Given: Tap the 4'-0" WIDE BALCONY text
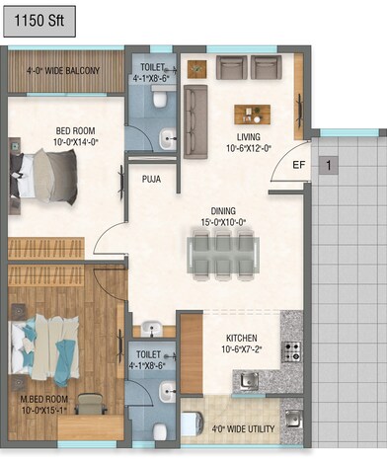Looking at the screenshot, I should click(67, 70).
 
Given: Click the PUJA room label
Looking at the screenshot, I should click(151, 180).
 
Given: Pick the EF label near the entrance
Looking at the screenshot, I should click(298, 165).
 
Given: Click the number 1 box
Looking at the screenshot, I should click(327, 165).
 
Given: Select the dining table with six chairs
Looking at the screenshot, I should click(222, 254).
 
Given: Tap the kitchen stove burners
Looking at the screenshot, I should click(291, 351).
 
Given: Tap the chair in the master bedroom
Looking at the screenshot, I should click(92, 404).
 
